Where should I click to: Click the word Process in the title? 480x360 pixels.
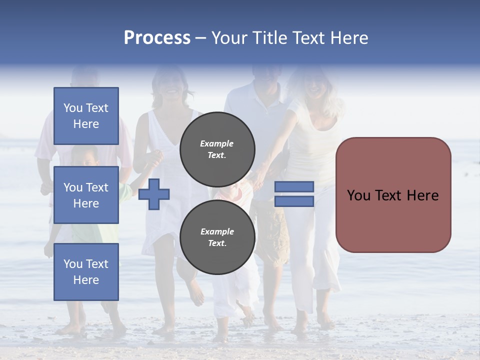tap(157, 38)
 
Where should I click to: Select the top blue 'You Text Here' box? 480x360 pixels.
tap(86, 116)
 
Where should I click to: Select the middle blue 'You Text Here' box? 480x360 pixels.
tap(86, 195)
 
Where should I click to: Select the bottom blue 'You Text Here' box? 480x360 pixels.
tap(86, 271)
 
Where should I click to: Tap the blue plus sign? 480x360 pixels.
tap(154, 194)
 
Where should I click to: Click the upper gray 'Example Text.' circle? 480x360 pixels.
tap(217, 149)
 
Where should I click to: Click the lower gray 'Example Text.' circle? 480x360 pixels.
tap(217, 237)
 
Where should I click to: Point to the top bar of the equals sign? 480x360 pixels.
tap(294, 186)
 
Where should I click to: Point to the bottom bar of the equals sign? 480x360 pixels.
tap(294, 201)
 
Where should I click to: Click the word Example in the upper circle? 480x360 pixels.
tap(217, 143)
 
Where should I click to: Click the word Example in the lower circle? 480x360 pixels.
tap(217, 231)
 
